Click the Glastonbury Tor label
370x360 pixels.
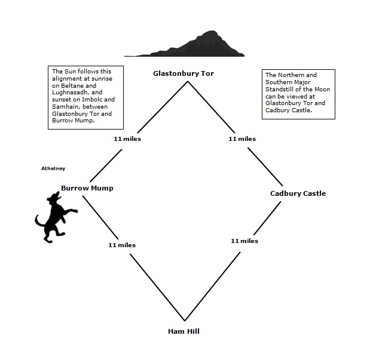183,73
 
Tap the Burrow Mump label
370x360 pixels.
87,188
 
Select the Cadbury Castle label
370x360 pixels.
298,193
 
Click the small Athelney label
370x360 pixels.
53,168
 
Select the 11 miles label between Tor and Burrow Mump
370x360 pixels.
127,139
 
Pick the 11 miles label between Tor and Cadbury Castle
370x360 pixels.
242,139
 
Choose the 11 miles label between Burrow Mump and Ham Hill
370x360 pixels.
122,245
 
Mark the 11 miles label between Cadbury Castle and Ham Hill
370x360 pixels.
244,241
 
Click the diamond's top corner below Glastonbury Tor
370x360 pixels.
188,81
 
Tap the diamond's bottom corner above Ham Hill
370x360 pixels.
185,320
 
